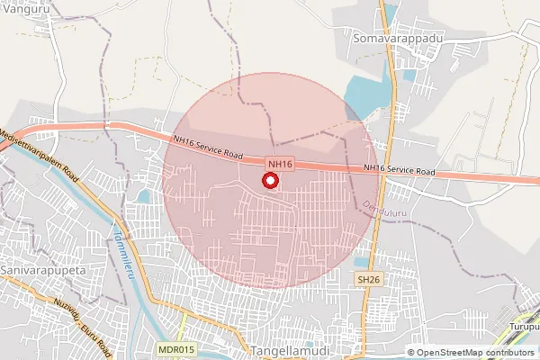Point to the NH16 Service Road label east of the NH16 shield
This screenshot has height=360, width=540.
point(400,169)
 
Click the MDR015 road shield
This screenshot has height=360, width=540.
point(175,348)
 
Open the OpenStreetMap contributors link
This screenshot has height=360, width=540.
point(476,352)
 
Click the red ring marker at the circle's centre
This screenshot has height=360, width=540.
point(269,181)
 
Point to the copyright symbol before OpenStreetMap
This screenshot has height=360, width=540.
point(411,352)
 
